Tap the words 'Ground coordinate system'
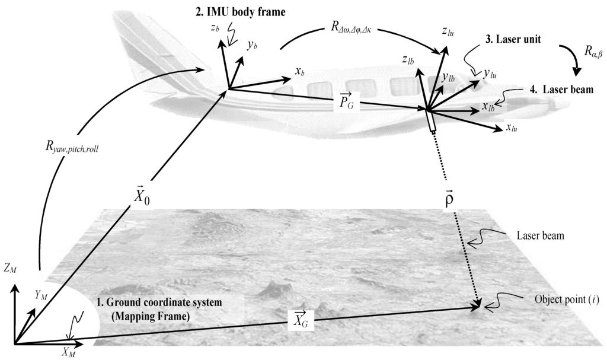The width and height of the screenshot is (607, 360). [x=163, y=302]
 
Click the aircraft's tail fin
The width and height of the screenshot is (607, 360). [x=148, y=42]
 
